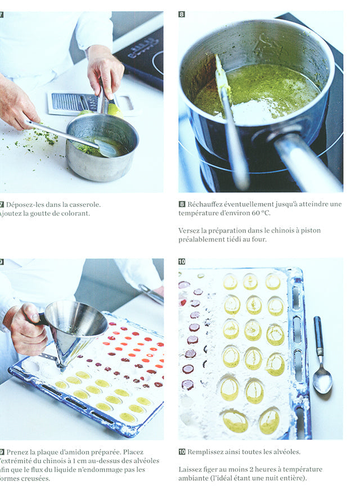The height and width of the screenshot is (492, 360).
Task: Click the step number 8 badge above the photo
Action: click(x=182, y=14)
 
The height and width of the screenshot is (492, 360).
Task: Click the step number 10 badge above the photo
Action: click(x=182, y=261)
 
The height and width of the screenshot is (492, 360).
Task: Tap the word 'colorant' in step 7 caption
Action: click(x=73, y=213)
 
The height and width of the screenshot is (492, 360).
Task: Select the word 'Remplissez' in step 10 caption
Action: click(x=208, y=452)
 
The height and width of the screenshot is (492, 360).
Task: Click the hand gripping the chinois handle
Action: click(x=25, y=329)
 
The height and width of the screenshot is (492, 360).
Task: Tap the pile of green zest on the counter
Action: click(x=43, y=137)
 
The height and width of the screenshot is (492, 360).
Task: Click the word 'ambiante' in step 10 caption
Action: click(x=195, y=479)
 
